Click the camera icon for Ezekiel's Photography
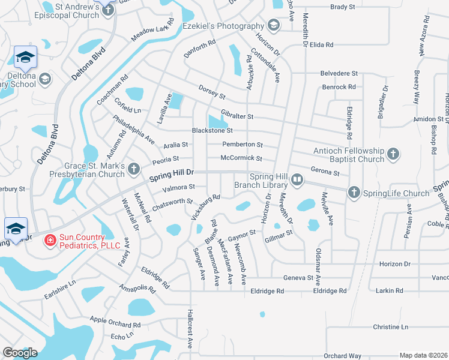click(273, 25)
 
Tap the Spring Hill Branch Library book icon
click(297, 179)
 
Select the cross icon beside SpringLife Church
click(354, 193)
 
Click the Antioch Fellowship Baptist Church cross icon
click(393, 154)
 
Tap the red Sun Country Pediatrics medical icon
click(51, 241)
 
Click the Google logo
click(20, 353)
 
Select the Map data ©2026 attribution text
click(423, 355)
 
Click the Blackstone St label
click(211, 130)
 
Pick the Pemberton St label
click(243, 145)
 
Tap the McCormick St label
click(241, 159)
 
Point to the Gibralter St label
click(237, 116)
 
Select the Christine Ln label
click(390, 327)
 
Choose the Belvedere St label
click(339, 73)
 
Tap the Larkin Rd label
click(391, 291)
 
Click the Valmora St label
click(178, 188)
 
